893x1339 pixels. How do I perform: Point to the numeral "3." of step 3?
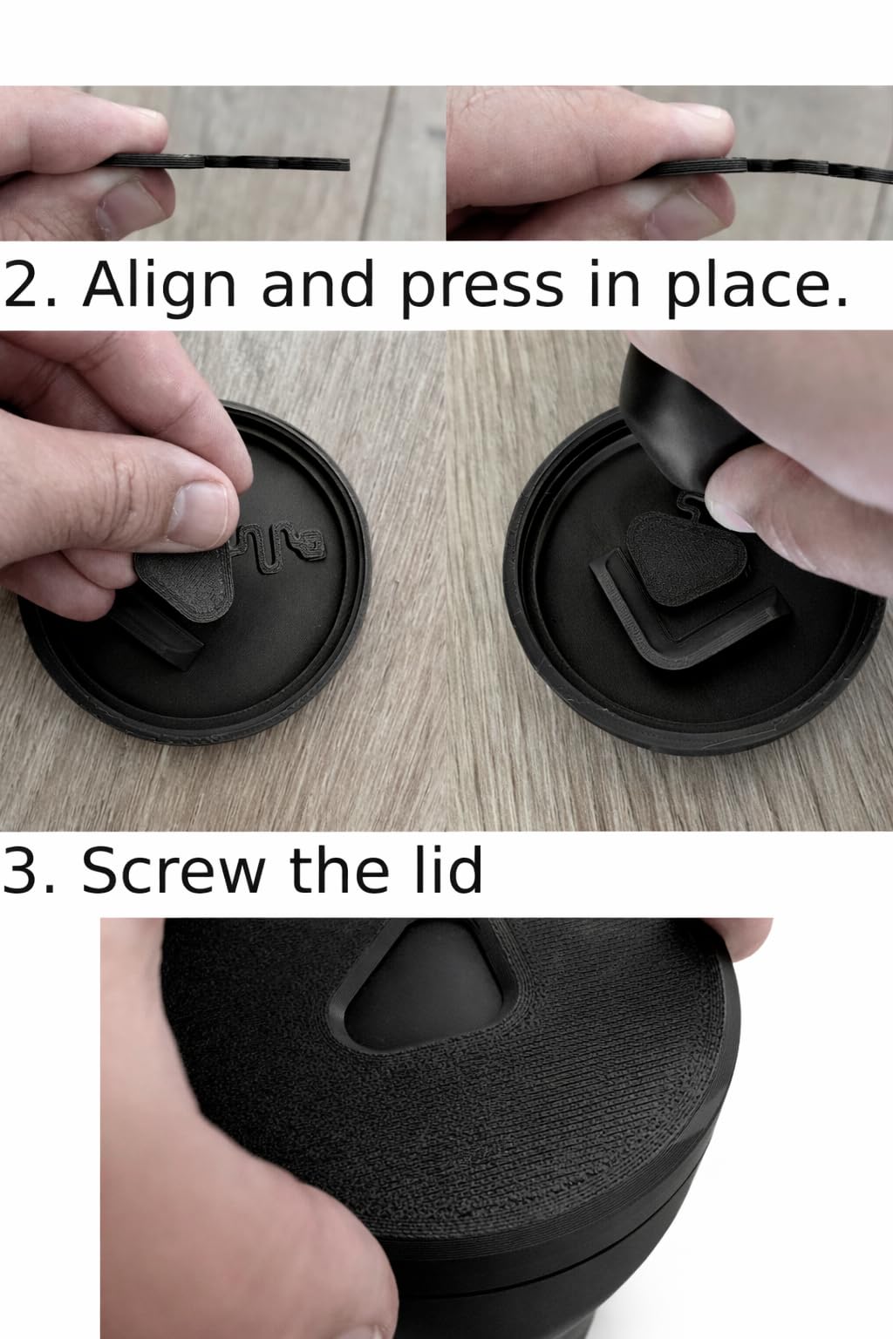click(x=29, y=870)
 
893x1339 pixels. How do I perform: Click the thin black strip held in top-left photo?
click(x=228, y=162)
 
